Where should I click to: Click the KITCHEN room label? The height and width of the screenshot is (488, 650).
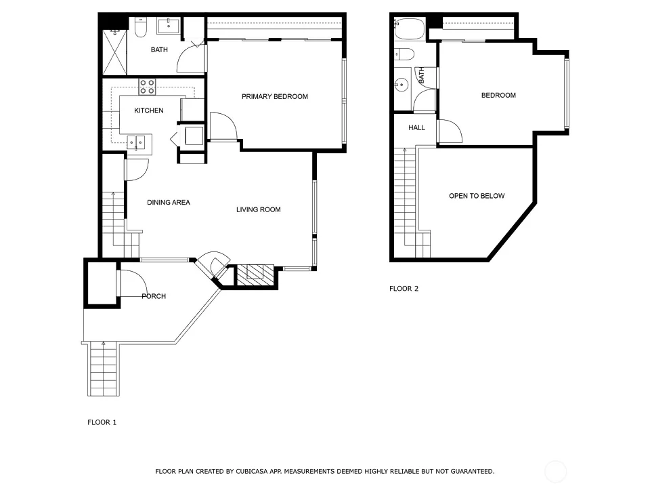pyautogui.click(x=149, y=110)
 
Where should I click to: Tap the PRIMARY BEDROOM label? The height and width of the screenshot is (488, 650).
pyautogui.click(x=275, y=97)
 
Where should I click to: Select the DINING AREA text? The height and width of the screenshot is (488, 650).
pyautogui.click(x=169, y=203)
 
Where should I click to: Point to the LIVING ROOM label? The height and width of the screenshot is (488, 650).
pyautogui.click(x=259, y=209)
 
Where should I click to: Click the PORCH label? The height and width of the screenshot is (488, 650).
pyautogui.click(x=154, y=296)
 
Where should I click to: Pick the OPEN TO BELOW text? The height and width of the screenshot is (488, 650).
pyautogui.click(x=477, y=196)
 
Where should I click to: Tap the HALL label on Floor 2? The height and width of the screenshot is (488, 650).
pyautogui.click(x=416, y=128)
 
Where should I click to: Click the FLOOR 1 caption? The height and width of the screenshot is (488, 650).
pyautogui.click(x=102, y=422)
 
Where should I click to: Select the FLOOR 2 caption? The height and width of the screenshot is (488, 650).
pyautogui.click(x=404, y=289)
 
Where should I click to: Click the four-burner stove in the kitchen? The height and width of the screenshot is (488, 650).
pyautogui.click(x=147, y=87)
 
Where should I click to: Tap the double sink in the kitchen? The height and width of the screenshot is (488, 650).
pyautogui.click(x=135, y=143)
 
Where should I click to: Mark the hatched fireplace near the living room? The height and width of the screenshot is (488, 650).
pyautogui.click(x=255, y=275)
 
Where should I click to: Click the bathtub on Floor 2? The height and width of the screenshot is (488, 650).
pyautogui.click(x=409, y=28)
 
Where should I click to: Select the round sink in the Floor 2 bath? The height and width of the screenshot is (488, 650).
pyautogui.click(x=402, y=85)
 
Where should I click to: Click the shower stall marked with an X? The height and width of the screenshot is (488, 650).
pyautogui.click(x=114, y=52)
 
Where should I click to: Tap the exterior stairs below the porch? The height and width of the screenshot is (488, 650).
pyautogui.click(x=104, y=369)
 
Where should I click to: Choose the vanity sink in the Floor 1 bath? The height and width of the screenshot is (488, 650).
pyautogui.click(x=169, y=26)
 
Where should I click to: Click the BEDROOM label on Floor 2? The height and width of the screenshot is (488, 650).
pyautogui.click(x=499, y=96)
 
